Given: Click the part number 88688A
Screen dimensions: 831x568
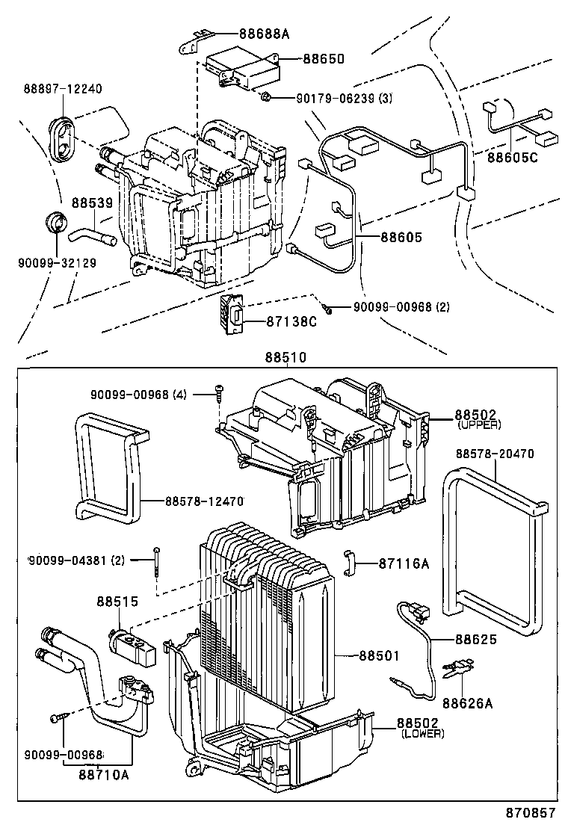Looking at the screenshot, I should click(x=265, y=33).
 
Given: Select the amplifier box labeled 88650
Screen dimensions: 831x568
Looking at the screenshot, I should click(x=243, y=66).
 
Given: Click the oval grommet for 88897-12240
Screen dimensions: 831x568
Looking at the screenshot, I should click(x=63, y=138).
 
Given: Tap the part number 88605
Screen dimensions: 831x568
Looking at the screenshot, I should click(x=401, y=238).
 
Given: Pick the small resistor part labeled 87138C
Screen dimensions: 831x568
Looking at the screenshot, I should click(x=232, y=316).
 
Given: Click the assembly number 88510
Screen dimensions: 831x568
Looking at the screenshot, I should click(x=284, y=358).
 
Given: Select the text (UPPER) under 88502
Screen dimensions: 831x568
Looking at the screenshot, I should click(x=479, y=424).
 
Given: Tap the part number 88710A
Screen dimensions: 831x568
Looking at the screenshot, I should click(x=103, y=774).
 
